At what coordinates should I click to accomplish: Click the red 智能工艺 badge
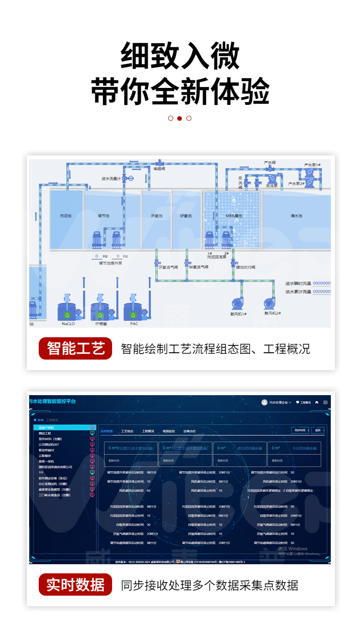click(x=75, y=349)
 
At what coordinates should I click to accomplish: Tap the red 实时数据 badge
click(x=75, y=585)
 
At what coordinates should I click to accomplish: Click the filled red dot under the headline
click(x=180, y=118)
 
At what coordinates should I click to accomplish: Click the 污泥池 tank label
click(x=66, y=216)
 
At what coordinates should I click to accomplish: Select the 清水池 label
click(x=296, y=216)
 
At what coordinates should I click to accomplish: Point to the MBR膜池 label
click(x=233, y=216)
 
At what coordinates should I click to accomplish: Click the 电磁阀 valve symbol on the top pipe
click(x=159, y=163)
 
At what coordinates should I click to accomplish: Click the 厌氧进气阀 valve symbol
click(x=156, y=263)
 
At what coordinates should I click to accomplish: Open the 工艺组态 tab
click(x=127, y=431)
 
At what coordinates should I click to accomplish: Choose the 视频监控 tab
click(x=169, y=431)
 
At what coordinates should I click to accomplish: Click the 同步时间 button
click(x=300, y=430)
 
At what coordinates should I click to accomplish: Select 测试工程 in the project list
click(x=45, y=433)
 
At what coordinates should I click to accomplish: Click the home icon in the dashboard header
click(x=317, y=402)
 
